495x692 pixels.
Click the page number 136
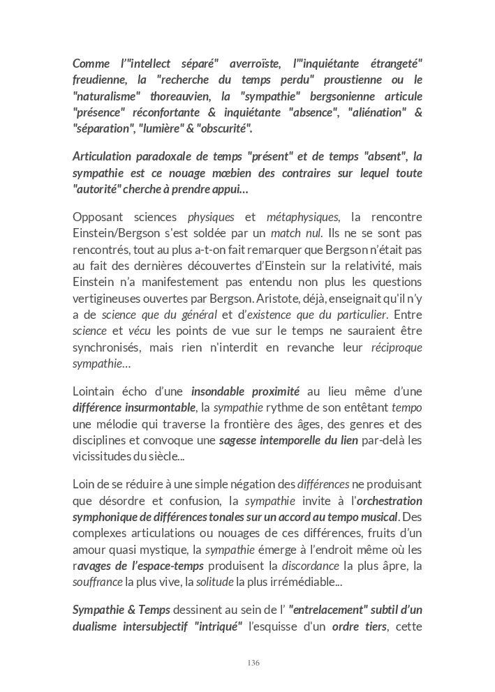click(253, 662)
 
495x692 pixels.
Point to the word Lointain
click(96, 391)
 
